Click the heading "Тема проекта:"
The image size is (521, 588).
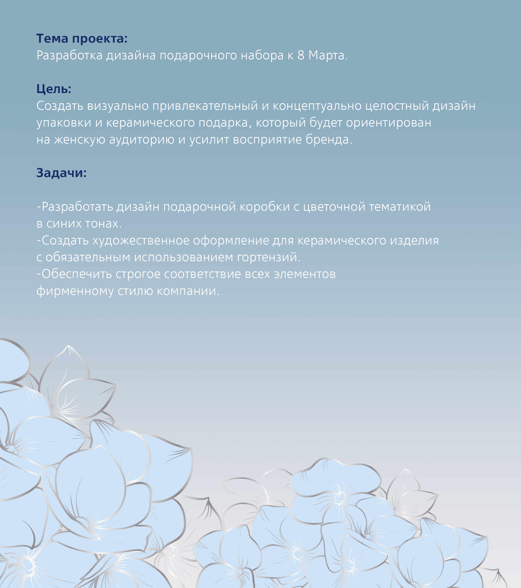tap(82, 39)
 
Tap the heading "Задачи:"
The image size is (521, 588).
tap(61, 173)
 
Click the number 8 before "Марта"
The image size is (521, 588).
tap(301, 55)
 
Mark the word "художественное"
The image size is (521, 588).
tap(141, 240)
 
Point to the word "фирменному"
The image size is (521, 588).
tap(75, 291)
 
